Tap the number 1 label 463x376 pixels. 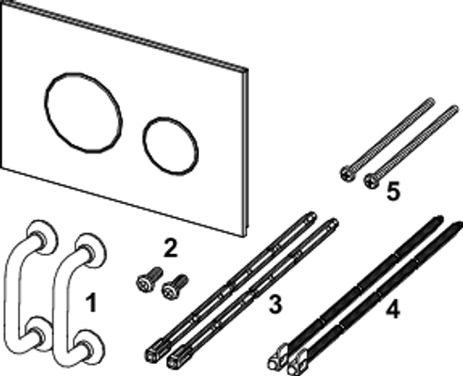click(91, 303)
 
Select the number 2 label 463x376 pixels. click(171, 247)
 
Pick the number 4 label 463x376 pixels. click(393, 310)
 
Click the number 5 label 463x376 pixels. click(394, 191)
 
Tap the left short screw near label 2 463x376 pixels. click(149, 279)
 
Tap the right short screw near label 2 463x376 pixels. click(175, 287)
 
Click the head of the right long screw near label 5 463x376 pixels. click(372, 181)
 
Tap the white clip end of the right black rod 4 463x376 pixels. click(298, 363)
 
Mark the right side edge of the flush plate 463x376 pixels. click(246, 152)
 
